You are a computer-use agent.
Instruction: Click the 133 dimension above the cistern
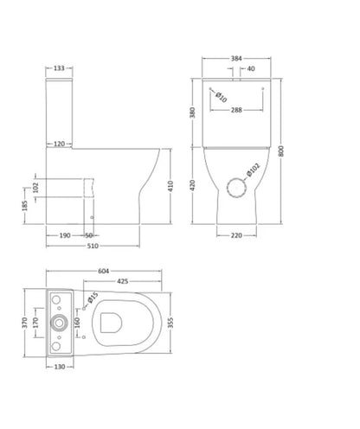click(x=59, y=68)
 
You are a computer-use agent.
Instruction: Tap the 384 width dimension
click(x=236, y=59)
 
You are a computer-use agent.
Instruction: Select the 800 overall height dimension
click(x=281, y=151)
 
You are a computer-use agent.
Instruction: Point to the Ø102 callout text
click(x=254, y=170)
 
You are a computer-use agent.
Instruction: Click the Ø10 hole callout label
click(x=222, y=97)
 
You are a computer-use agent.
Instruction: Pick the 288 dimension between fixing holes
click(x=236, y=110)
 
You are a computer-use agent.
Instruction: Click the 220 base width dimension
click(x=236, y=235)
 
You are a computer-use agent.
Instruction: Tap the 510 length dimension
click(x=93, y=246)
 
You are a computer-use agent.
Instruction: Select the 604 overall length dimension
click(x=104, y=271)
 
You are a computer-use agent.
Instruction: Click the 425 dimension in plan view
click(x=123, y=281)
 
